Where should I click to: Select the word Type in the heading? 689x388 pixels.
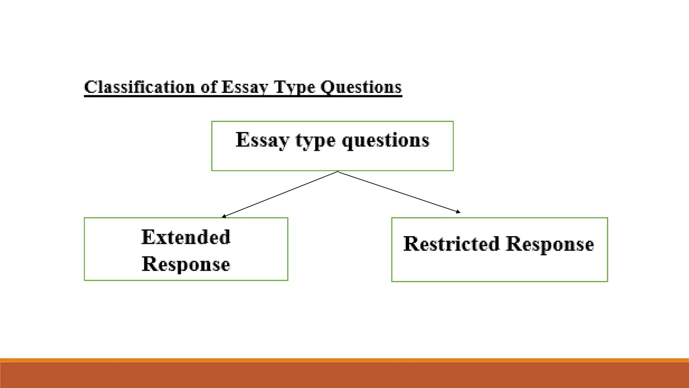coord(294,87)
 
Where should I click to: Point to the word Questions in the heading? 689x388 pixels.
coord(361,87)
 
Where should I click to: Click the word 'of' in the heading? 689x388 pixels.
coord(209,87)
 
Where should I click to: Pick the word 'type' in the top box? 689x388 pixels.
coord(315,141)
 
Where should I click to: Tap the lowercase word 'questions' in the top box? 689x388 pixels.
coord(386,141)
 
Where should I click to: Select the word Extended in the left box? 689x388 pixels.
coord(186,237)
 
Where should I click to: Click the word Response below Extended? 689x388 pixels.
coord(186,264)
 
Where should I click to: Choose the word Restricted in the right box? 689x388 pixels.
coord(451,244)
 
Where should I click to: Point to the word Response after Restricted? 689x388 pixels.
coord(550,245)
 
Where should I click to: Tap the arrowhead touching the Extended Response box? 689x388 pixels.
coord(224,216)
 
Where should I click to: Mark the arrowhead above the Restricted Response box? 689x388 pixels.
coord(458,212)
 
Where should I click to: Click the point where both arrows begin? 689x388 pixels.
coord(338,172)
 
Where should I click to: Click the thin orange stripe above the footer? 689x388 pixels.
coord(344,360)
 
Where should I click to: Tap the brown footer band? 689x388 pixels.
coord(344,375)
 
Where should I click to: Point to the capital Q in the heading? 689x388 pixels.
coord(326,87)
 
